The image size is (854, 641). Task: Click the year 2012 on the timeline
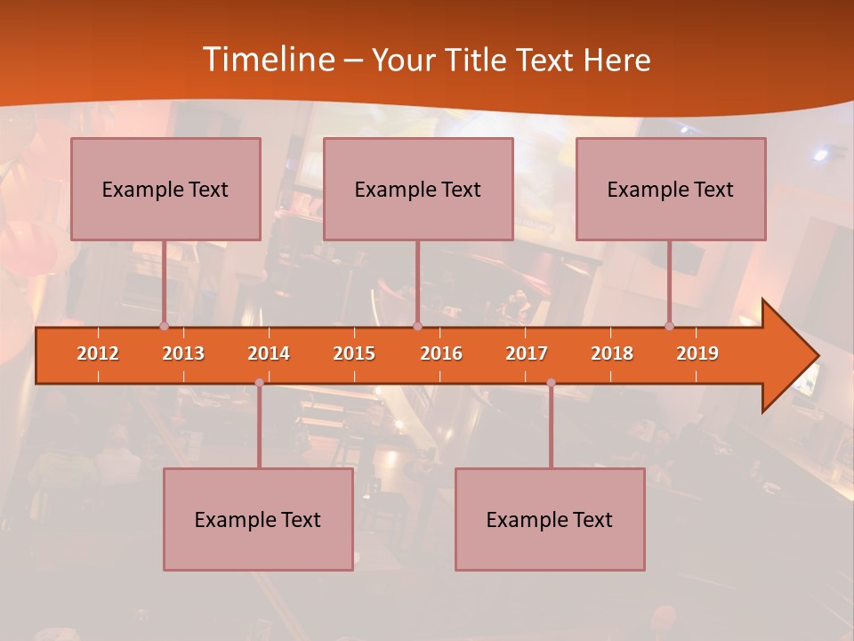(98, 354)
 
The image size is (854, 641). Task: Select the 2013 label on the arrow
(183, 354)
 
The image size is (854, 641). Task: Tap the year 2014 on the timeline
(269, 354)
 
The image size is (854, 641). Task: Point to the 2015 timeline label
(354, 354)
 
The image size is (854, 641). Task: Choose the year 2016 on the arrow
(441, 354)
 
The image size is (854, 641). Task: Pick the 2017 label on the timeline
(527, 354)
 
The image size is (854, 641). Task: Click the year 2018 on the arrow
(612, 354)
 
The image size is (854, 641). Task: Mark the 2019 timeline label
(697, 354)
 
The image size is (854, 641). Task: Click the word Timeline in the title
(267, 60)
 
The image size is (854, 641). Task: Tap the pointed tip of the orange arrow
(817, 356)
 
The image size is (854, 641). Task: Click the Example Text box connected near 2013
(165, 189)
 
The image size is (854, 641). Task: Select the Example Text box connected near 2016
(418, 189)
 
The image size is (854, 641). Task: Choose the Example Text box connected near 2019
(671, 189)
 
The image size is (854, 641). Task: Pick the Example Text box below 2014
(258, 519)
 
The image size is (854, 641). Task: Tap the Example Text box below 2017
(550, 519)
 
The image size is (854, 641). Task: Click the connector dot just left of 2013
(164, 327)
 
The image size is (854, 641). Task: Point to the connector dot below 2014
(259, 383)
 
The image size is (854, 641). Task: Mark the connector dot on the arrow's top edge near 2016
(417, 327)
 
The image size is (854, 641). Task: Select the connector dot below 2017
(551, 383)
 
